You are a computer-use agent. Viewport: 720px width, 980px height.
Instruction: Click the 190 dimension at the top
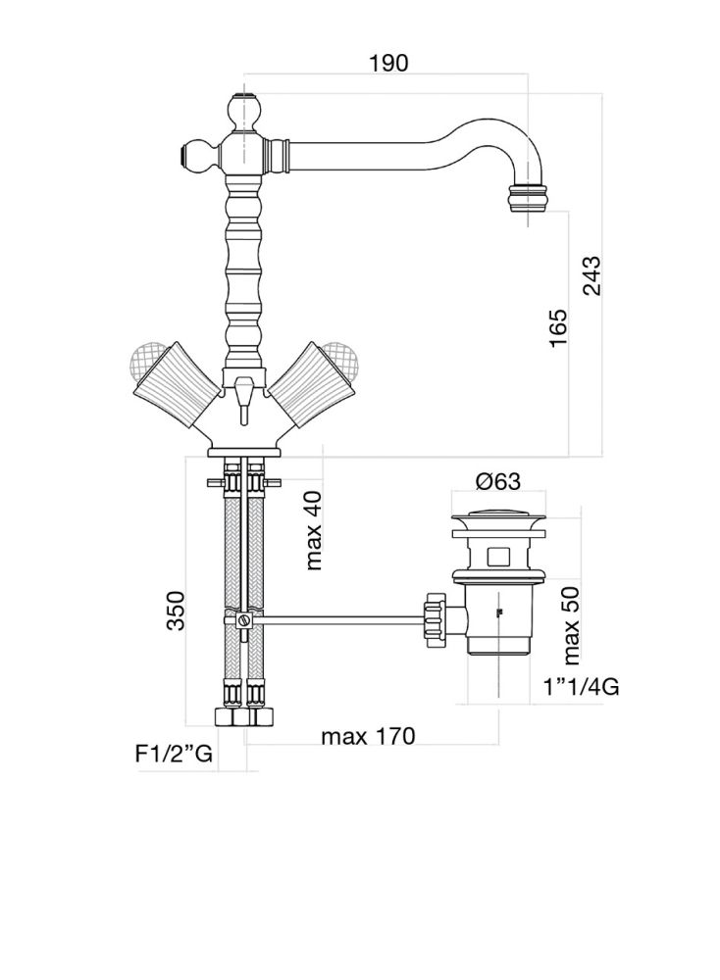387,63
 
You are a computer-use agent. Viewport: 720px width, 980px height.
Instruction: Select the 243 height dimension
590,275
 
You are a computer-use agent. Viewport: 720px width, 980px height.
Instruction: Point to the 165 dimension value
557,327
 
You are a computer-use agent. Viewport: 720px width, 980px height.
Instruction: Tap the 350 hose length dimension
176,610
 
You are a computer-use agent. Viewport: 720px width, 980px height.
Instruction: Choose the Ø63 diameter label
498,481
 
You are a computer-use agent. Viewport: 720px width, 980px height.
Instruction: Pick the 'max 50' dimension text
571,625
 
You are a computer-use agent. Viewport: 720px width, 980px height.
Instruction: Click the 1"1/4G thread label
581,688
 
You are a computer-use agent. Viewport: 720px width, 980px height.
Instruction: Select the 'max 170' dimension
368,736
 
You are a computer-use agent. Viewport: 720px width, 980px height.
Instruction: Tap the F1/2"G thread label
174,754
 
